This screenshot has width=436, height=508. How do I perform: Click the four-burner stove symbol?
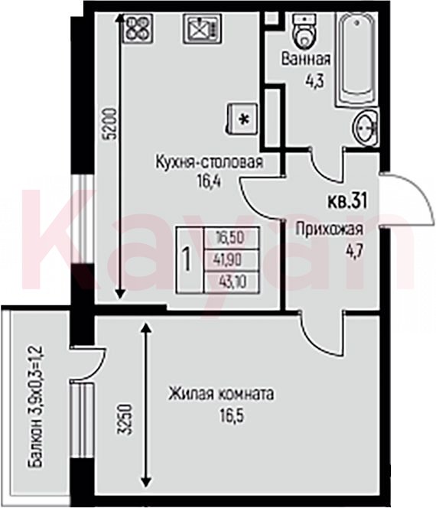(x=138, y=28)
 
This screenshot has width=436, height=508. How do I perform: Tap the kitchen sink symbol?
(x=203, y=28)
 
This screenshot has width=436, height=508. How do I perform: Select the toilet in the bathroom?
(x=304, y=30)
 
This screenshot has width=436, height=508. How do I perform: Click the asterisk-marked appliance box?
(x=243, y=119)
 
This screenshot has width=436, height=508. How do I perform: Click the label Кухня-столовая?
(x=210, y=162)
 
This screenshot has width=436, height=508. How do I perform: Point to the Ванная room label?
(x=306, y=60)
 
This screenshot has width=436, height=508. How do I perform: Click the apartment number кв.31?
(x=347, y=200)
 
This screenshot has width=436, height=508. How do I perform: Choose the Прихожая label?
(x=329, y=230)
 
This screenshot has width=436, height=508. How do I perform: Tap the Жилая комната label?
(x=220, y=394)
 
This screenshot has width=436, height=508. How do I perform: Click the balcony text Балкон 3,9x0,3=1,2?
(x=36, y=406)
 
